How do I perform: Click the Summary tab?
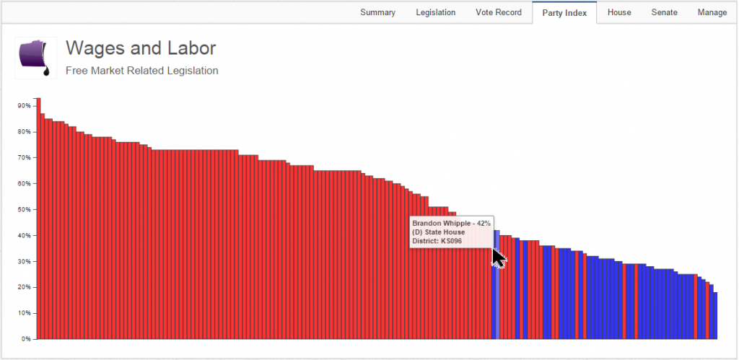pyautogui.click(x=377, y=12)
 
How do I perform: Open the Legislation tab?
pyautogui.click(x=435, y=12)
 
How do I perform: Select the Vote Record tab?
pyautogui.click(x=498, y=12)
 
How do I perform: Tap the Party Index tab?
pyautogui.click(x=564, y=13)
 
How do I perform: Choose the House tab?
pyautogui.click(x=619, y=12)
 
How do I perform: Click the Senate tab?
pyautogui.click(x=664, y=12)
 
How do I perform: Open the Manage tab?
pyautogui.click(x=712, y=12)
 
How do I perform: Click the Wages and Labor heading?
pyautogui.click(x=141, y=48)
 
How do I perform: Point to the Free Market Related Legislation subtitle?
pyautogui.click(x=141, y=71)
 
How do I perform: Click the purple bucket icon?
pyautogui.click(x=35, y=58)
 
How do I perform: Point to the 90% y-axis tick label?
pyautogui.click(x=25, y=106)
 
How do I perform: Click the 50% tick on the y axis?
pyautogui.click(x=25, y=210)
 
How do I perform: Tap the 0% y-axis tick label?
pyautogui.click(x=26, y=339)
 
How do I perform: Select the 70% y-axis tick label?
pyautogui.click(x=25, y=158)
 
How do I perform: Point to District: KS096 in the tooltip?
pyautogui.click(x=437, y=241)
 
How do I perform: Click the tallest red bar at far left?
pyautogui.click(x=39, y=216)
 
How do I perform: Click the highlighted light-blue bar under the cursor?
pyautogui.click(x=497, y=303)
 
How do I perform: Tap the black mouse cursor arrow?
pyautogui.click(x=498, y=258)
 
